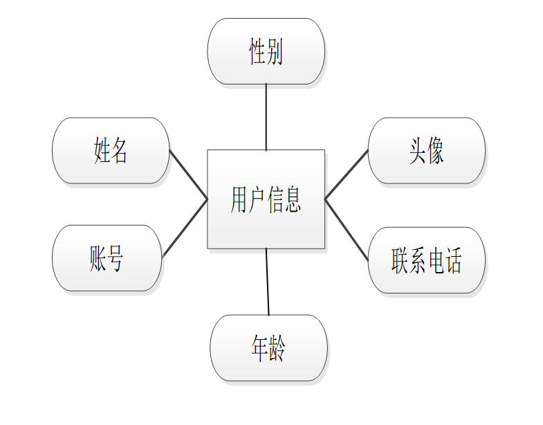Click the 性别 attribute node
point(266,51)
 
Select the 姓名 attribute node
point(111,150)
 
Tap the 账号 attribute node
point(107,257)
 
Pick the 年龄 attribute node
point(268,347)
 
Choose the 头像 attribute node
point(426,150)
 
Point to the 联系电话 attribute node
point(426,260)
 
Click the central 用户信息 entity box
point(266,199)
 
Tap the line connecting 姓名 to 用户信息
point(188,174)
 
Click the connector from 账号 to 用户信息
point(185,228)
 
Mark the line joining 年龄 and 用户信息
point(268,281)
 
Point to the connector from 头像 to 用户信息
point(347,174)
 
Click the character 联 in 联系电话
point(400,260)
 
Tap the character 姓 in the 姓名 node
point(102,150)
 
